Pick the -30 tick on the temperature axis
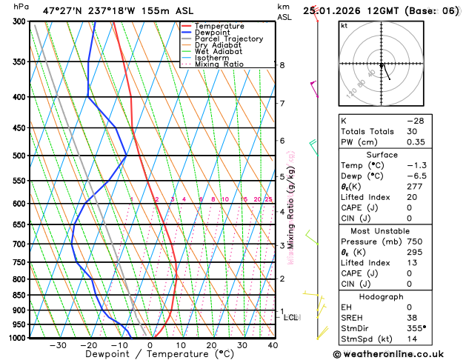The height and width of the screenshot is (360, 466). tap(58, 345)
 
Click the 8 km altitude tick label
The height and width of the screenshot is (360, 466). tap(282, 65)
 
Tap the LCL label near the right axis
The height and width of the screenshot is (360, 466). tap(291, 317)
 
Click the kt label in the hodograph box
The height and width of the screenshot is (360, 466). tap(344, 25)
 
